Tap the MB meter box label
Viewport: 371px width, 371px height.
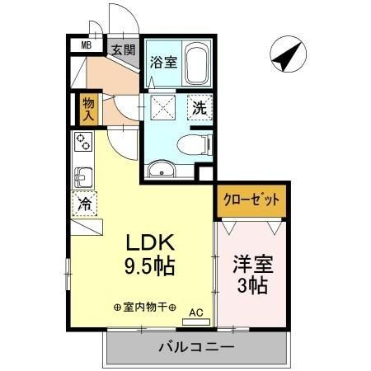(86, 46)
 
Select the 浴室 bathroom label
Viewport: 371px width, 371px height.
(162, 61)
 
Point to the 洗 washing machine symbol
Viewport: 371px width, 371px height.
(200, 107)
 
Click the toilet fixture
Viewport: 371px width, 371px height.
(200, 143)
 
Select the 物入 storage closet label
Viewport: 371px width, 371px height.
(88, 109)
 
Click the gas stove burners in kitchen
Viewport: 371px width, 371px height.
(84, 142)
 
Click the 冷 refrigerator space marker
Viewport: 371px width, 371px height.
(85, 202)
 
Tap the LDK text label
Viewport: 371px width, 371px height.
(148, 244)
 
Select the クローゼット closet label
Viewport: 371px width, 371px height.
(253, 200)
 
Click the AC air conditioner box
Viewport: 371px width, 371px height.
(195, 312)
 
